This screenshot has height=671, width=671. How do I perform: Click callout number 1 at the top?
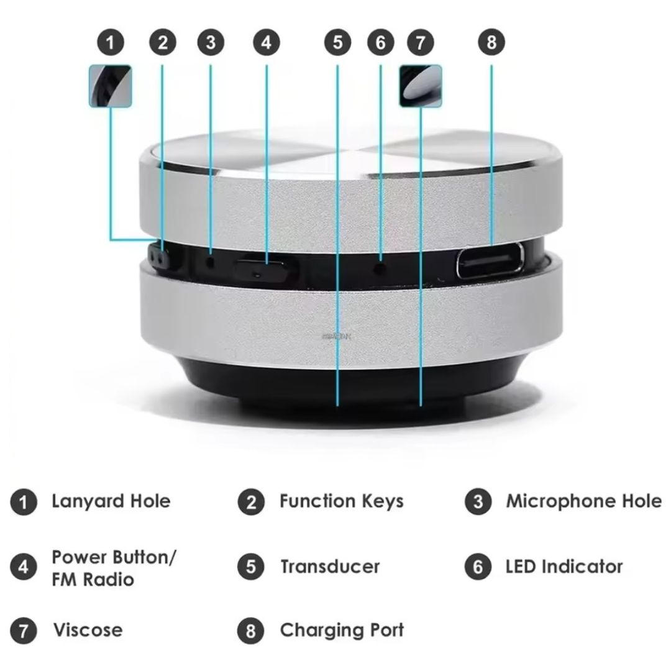(x=111, y=43)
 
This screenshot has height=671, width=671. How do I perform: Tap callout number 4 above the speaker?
(x=267, y=43)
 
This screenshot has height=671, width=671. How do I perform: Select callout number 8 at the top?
(x=491, y=43)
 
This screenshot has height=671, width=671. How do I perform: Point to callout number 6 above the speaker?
(x=381, y=43)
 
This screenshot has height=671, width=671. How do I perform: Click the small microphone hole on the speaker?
(x=210, y=262)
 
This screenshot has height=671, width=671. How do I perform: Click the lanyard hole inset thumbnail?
(x=110, y=85)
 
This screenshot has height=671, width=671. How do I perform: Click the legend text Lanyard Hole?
(x=111, y=501)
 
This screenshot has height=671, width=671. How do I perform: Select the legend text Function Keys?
(x=341, y=501)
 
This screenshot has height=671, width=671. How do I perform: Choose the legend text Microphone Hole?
(x=583, y=501)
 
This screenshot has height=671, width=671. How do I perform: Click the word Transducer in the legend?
(x=329, y=567)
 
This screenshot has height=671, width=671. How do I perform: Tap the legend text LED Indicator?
(x=564, y=567)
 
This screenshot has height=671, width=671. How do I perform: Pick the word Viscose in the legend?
(x=88, y=630)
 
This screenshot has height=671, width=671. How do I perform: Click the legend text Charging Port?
(x=342, y=630)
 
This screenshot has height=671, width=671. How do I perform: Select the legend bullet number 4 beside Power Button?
(x=24, y=567)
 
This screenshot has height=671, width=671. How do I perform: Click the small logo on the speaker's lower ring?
(x=337, y=336)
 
